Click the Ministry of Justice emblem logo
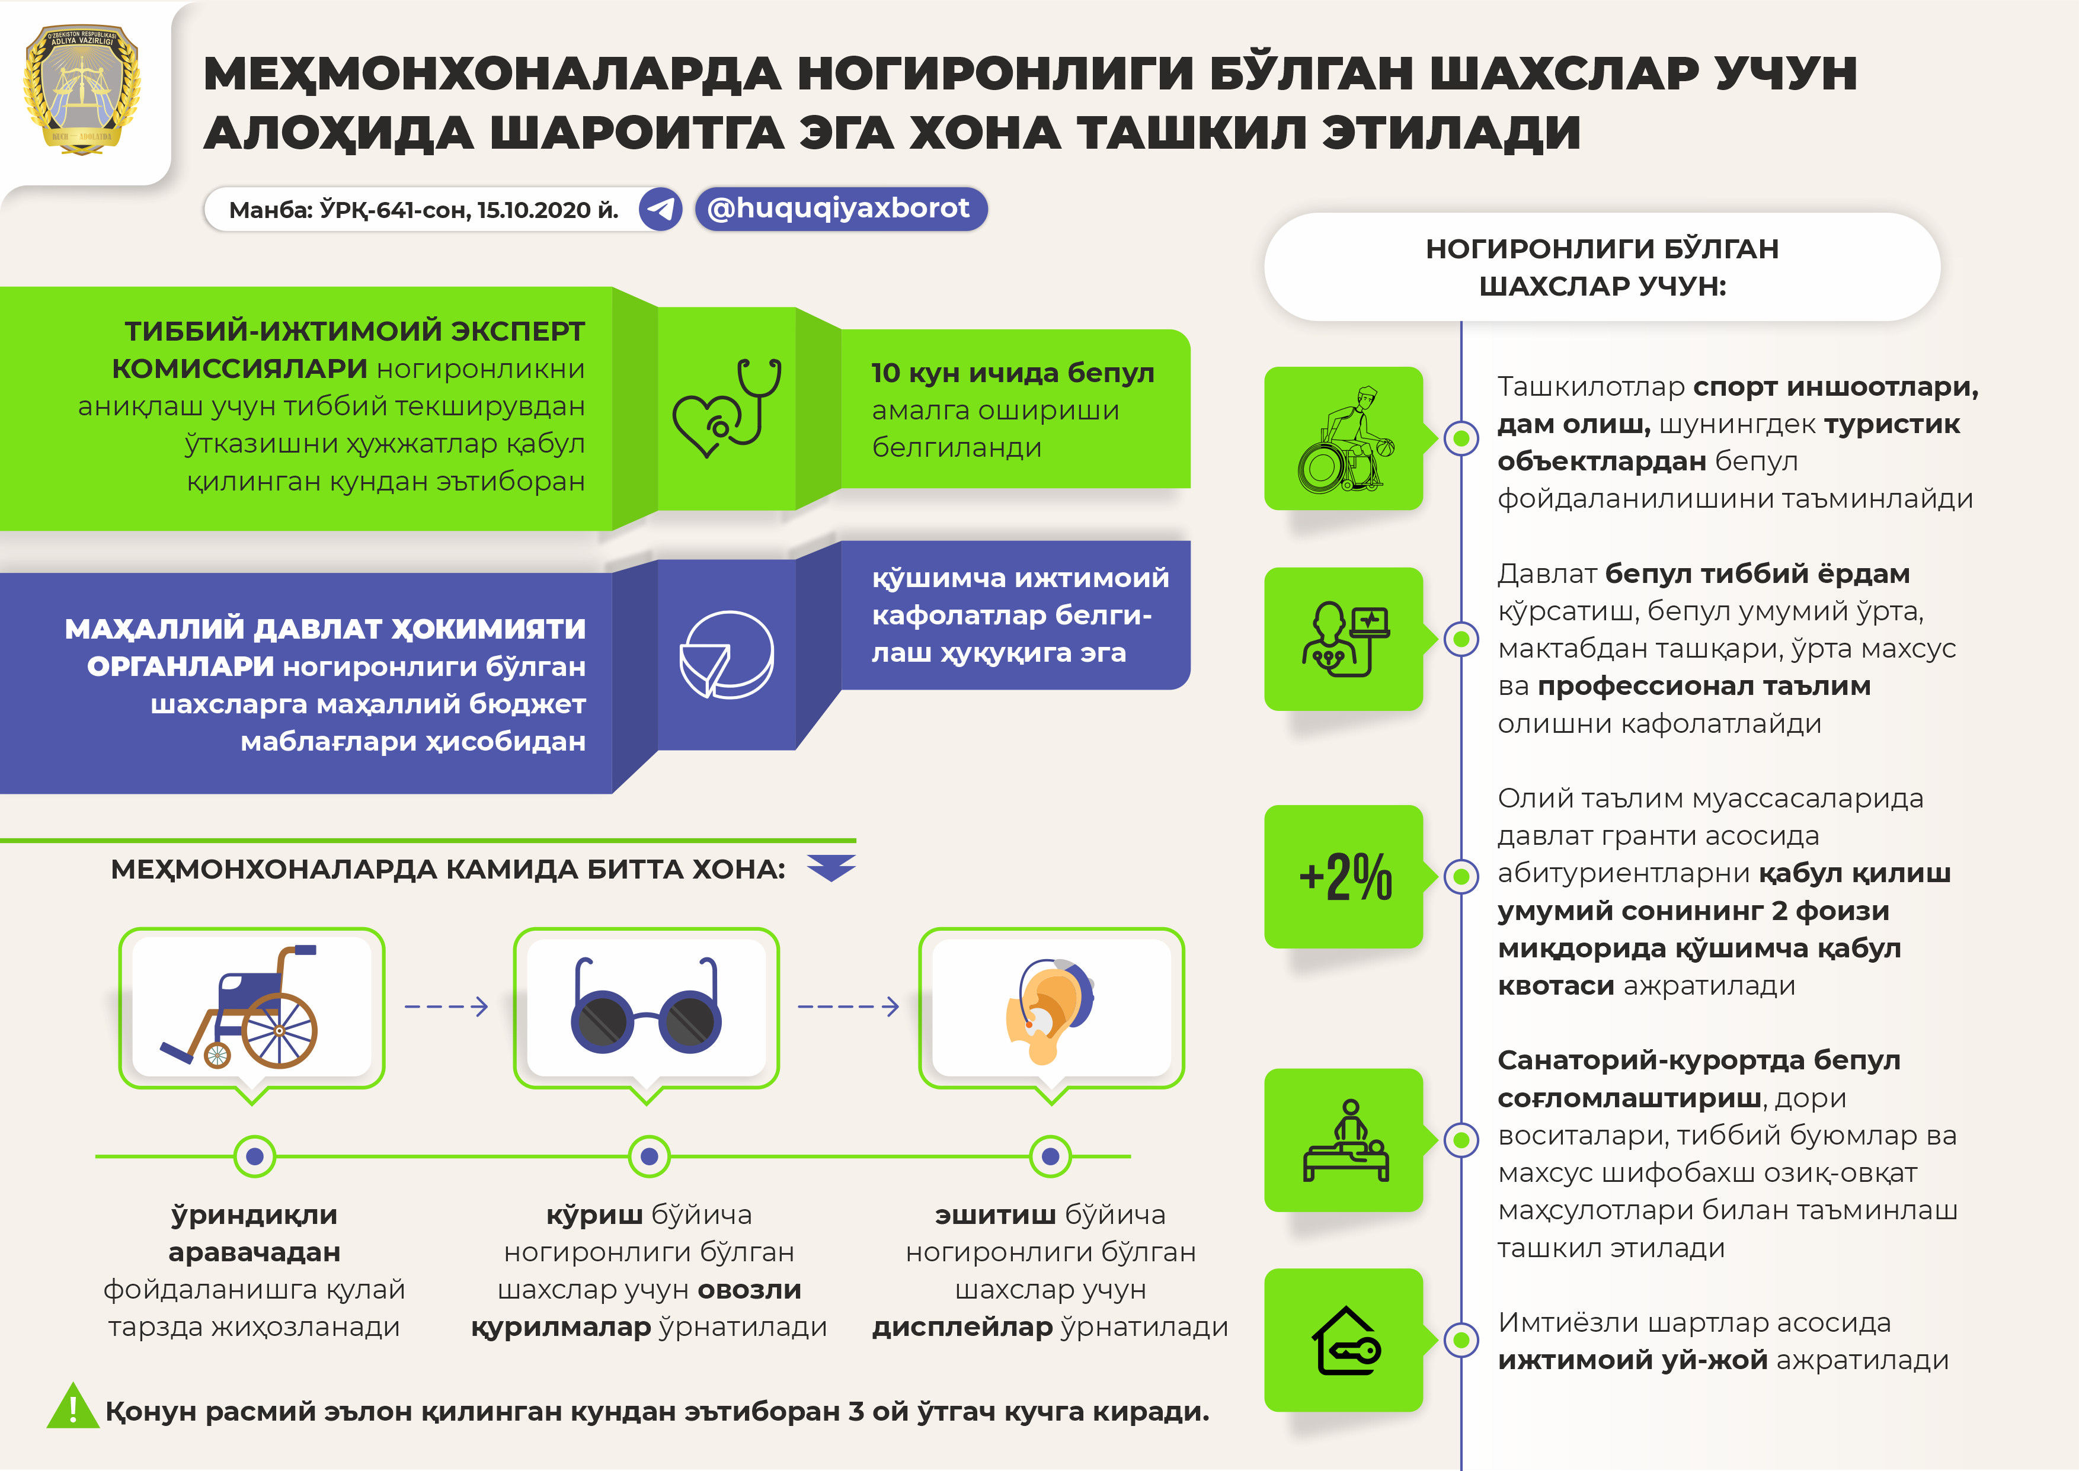[x=82, y=89]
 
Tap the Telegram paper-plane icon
[x=660, y=209]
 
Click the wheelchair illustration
[x=240, y=1007]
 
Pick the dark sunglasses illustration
[x=646, y=1007]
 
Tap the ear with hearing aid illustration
[x=1049, y=1011]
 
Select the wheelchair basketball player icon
[x=1345, y=440]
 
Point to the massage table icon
[x=1345, y=1140]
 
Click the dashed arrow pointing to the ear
[x=848, y=1007]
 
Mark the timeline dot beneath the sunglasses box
[x=648, y=1156]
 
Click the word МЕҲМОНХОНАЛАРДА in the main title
[x=492, y=74]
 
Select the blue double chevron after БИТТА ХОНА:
[x=831, y=867]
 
